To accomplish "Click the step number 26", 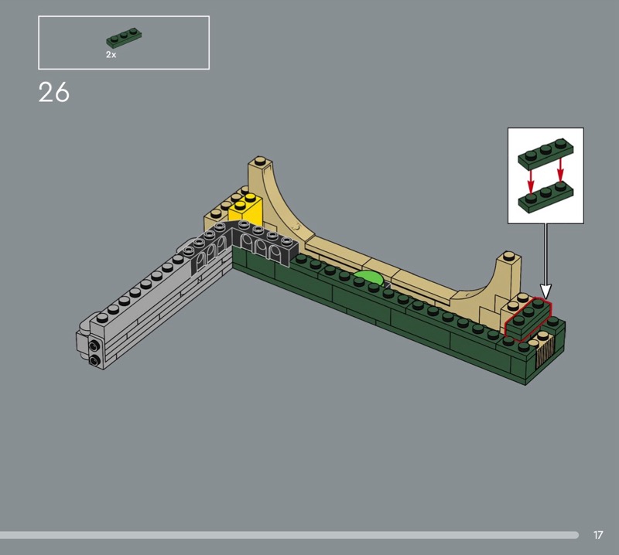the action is [53, 93].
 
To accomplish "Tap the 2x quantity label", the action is [111, 55].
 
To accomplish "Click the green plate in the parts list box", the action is [124, 37].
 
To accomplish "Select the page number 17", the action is [598, 535].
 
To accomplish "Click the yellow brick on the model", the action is [246, 210].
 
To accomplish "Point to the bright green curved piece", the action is [368, 277].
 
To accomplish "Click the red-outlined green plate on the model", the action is [528, 318].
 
